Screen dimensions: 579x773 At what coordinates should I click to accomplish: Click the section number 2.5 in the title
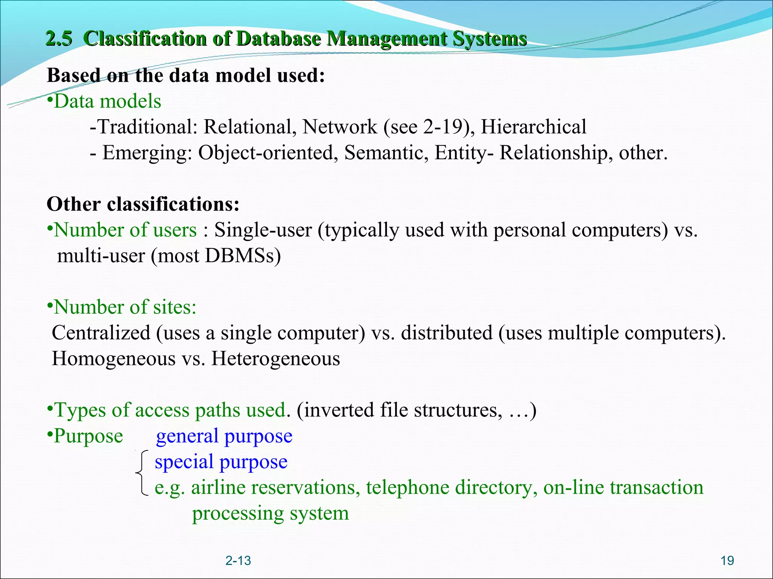59,39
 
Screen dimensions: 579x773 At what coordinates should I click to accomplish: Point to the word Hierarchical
533,127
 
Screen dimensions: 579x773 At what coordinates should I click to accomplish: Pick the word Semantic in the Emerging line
386,153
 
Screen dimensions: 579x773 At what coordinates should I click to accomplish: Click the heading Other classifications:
143,204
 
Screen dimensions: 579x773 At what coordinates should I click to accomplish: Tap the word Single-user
263,230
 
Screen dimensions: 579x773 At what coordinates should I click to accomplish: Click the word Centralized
101,333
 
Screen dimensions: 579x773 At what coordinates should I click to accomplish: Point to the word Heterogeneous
276,358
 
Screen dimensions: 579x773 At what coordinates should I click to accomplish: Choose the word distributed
447,333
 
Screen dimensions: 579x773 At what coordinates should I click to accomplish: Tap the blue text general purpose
224,436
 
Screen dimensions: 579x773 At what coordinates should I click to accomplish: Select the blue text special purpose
221,462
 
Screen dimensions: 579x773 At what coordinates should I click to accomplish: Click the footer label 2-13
238,561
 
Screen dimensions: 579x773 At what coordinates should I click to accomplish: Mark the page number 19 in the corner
727,561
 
